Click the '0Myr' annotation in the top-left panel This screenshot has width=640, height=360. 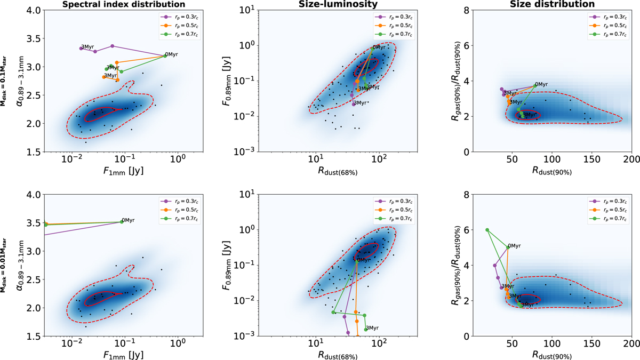click(171, 54)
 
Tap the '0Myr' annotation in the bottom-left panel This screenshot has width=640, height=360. click(128, 221)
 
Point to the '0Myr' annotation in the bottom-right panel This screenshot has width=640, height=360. click(515, 246)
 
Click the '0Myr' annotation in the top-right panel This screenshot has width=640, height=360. click(541, 84)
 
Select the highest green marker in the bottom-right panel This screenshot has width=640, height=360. click(487, 230)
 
